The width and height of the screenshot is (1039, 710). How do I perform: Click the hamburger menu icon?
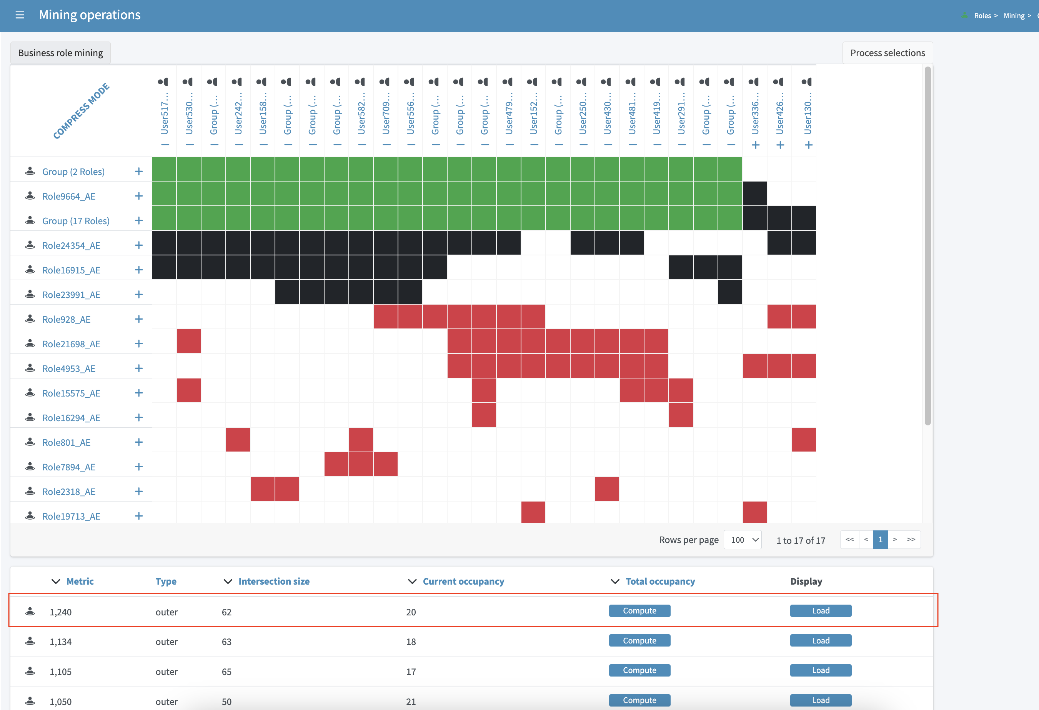20,15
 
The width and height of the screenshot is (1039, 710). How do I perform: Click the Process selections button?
887,53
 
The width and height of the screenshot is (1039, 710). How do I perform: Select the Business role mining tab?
60,53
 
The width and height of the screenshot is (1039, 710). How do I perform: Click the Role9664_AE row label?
68,196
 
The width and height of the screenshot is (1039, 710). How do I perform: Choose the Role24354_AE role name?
71,245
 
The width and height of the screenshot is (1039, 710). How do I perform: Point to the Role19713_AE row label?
71,516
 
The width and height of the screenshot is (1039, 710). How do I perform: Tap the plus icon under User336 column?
756,145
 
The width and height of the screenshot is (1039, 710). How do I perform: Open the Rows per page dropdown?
742,540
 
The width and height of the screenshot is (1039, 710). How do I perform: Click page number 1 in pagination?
880,540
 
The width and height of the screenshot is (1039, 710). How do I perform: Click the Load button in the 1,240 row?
820,611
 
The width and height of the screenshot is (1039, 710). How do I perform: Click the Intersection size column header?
274,581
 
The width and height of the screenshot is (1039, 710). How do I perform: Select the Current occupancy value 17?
411,672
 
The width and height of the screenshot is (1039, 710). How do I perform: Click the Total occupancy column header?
660,581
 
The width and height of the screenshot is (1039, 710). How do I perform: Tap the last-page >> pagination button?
911,540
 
